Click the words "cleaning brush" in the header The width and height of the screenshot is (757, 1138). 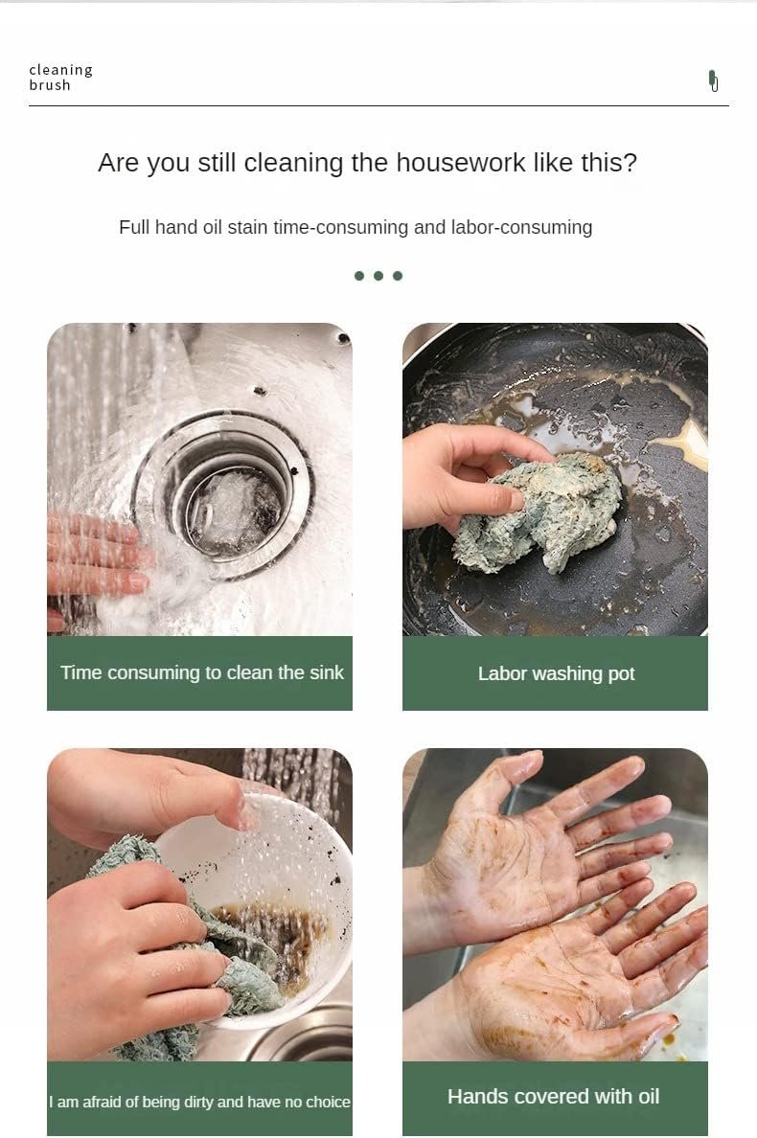coord(61,77)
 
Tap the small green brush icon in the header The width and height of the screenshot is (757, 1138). coord(714,80)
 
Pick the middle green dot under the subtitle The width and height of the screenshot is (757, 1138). coord(378,276)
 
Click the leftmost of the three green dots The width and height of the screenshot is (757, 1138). coord(359,276)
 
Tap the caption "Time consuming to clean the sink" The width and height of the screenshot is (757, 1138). coord(202,672)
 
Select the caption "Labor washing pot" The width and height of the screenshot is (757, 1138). coord(556,673)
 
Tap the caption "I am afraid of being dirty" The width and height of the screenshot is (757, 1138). coord(131,1102)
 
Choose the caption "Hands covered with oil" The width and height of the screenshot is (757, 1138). coord(553,1096)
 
